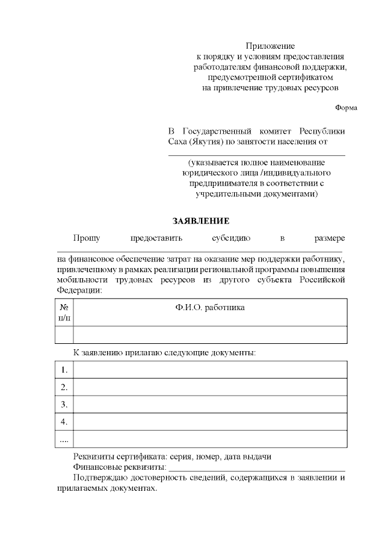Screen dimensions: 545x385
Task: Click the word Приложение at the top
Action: tap(270, 46)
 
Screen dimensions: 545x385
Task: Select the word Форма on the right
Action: tap(346, 108)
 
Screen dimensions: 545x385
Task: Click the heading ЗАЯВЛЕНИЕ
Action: tap(201, 221)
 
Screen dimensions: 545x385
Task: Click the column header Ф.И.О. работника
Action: tap(210, 307)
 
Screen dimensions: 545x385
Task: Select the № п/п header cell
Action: tap(64, 312)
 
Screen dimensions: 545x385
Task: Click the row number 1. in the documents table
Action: tap(64, 369)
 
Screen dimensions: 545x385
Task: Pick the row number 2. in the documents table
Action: tap(64, 387)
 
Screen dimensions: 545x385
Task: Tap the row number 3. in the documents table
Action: tap(64, 404)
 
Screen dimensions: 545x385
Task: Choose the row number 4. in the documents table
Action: tap(64, 422)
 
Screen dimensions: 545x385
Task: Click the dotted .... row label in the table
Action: tap(64, 439)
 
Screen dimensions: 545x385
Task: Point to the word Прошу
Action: tap(87, 238)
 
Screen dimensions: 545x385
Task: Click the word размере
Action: tap(330, 238)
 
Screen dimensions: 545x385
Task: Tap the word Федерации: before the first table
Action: tap(79, 290)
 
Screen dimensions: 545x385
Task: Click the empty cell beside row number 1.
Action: tap(210, 369)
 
